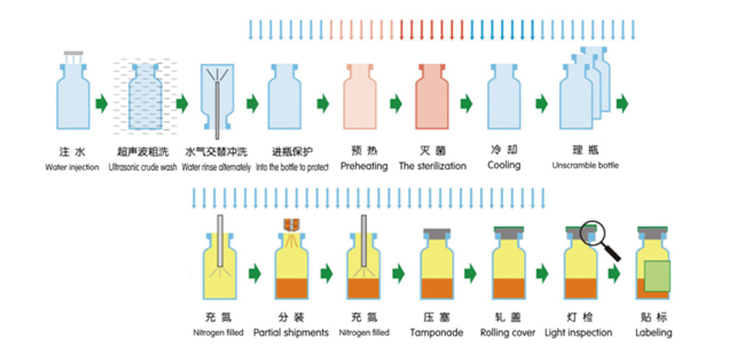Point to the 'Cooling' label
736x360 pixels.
[x=504, y=165]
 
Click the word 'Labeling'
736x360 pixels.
[x=653, y=332]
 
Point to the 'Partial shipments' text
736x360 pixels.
[x=291, y=332]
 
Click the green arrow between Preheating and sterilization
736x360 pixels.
[x=396, y=104]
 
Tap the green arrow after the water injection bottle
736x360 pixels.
[x=102, y=104]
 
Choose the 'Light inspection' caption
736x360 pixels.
[x=578, y=332]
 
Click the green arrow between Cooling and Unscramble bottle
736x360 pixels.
[x=542, y=104]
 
